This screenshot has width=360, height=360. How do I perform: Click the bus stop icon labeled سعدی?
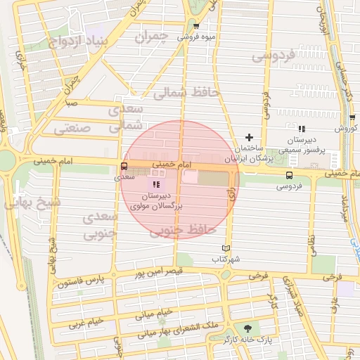click(124, 167)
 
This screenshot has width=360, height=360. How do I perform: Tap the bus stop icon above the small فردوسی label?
click(289, 175)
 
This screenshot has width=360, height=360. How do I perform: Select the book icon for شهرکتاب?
click(226, 248)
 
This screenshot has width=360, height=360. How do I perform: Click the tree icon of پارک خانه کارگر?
click(247, 328)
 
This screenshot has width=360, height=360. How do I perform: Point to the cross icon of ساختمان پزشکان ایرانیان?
click(248, 137)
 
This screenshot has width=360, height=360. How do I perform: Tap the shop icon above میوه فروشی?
click(196, 26)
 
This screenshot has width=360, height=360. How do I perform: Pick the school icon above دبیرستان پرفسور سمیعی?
click(301, 129)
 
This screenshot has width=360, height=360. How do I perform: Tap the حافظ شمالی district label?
click(191, 92)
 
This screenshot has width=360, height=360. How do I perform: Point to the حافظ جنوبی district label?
click(187, 229)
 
